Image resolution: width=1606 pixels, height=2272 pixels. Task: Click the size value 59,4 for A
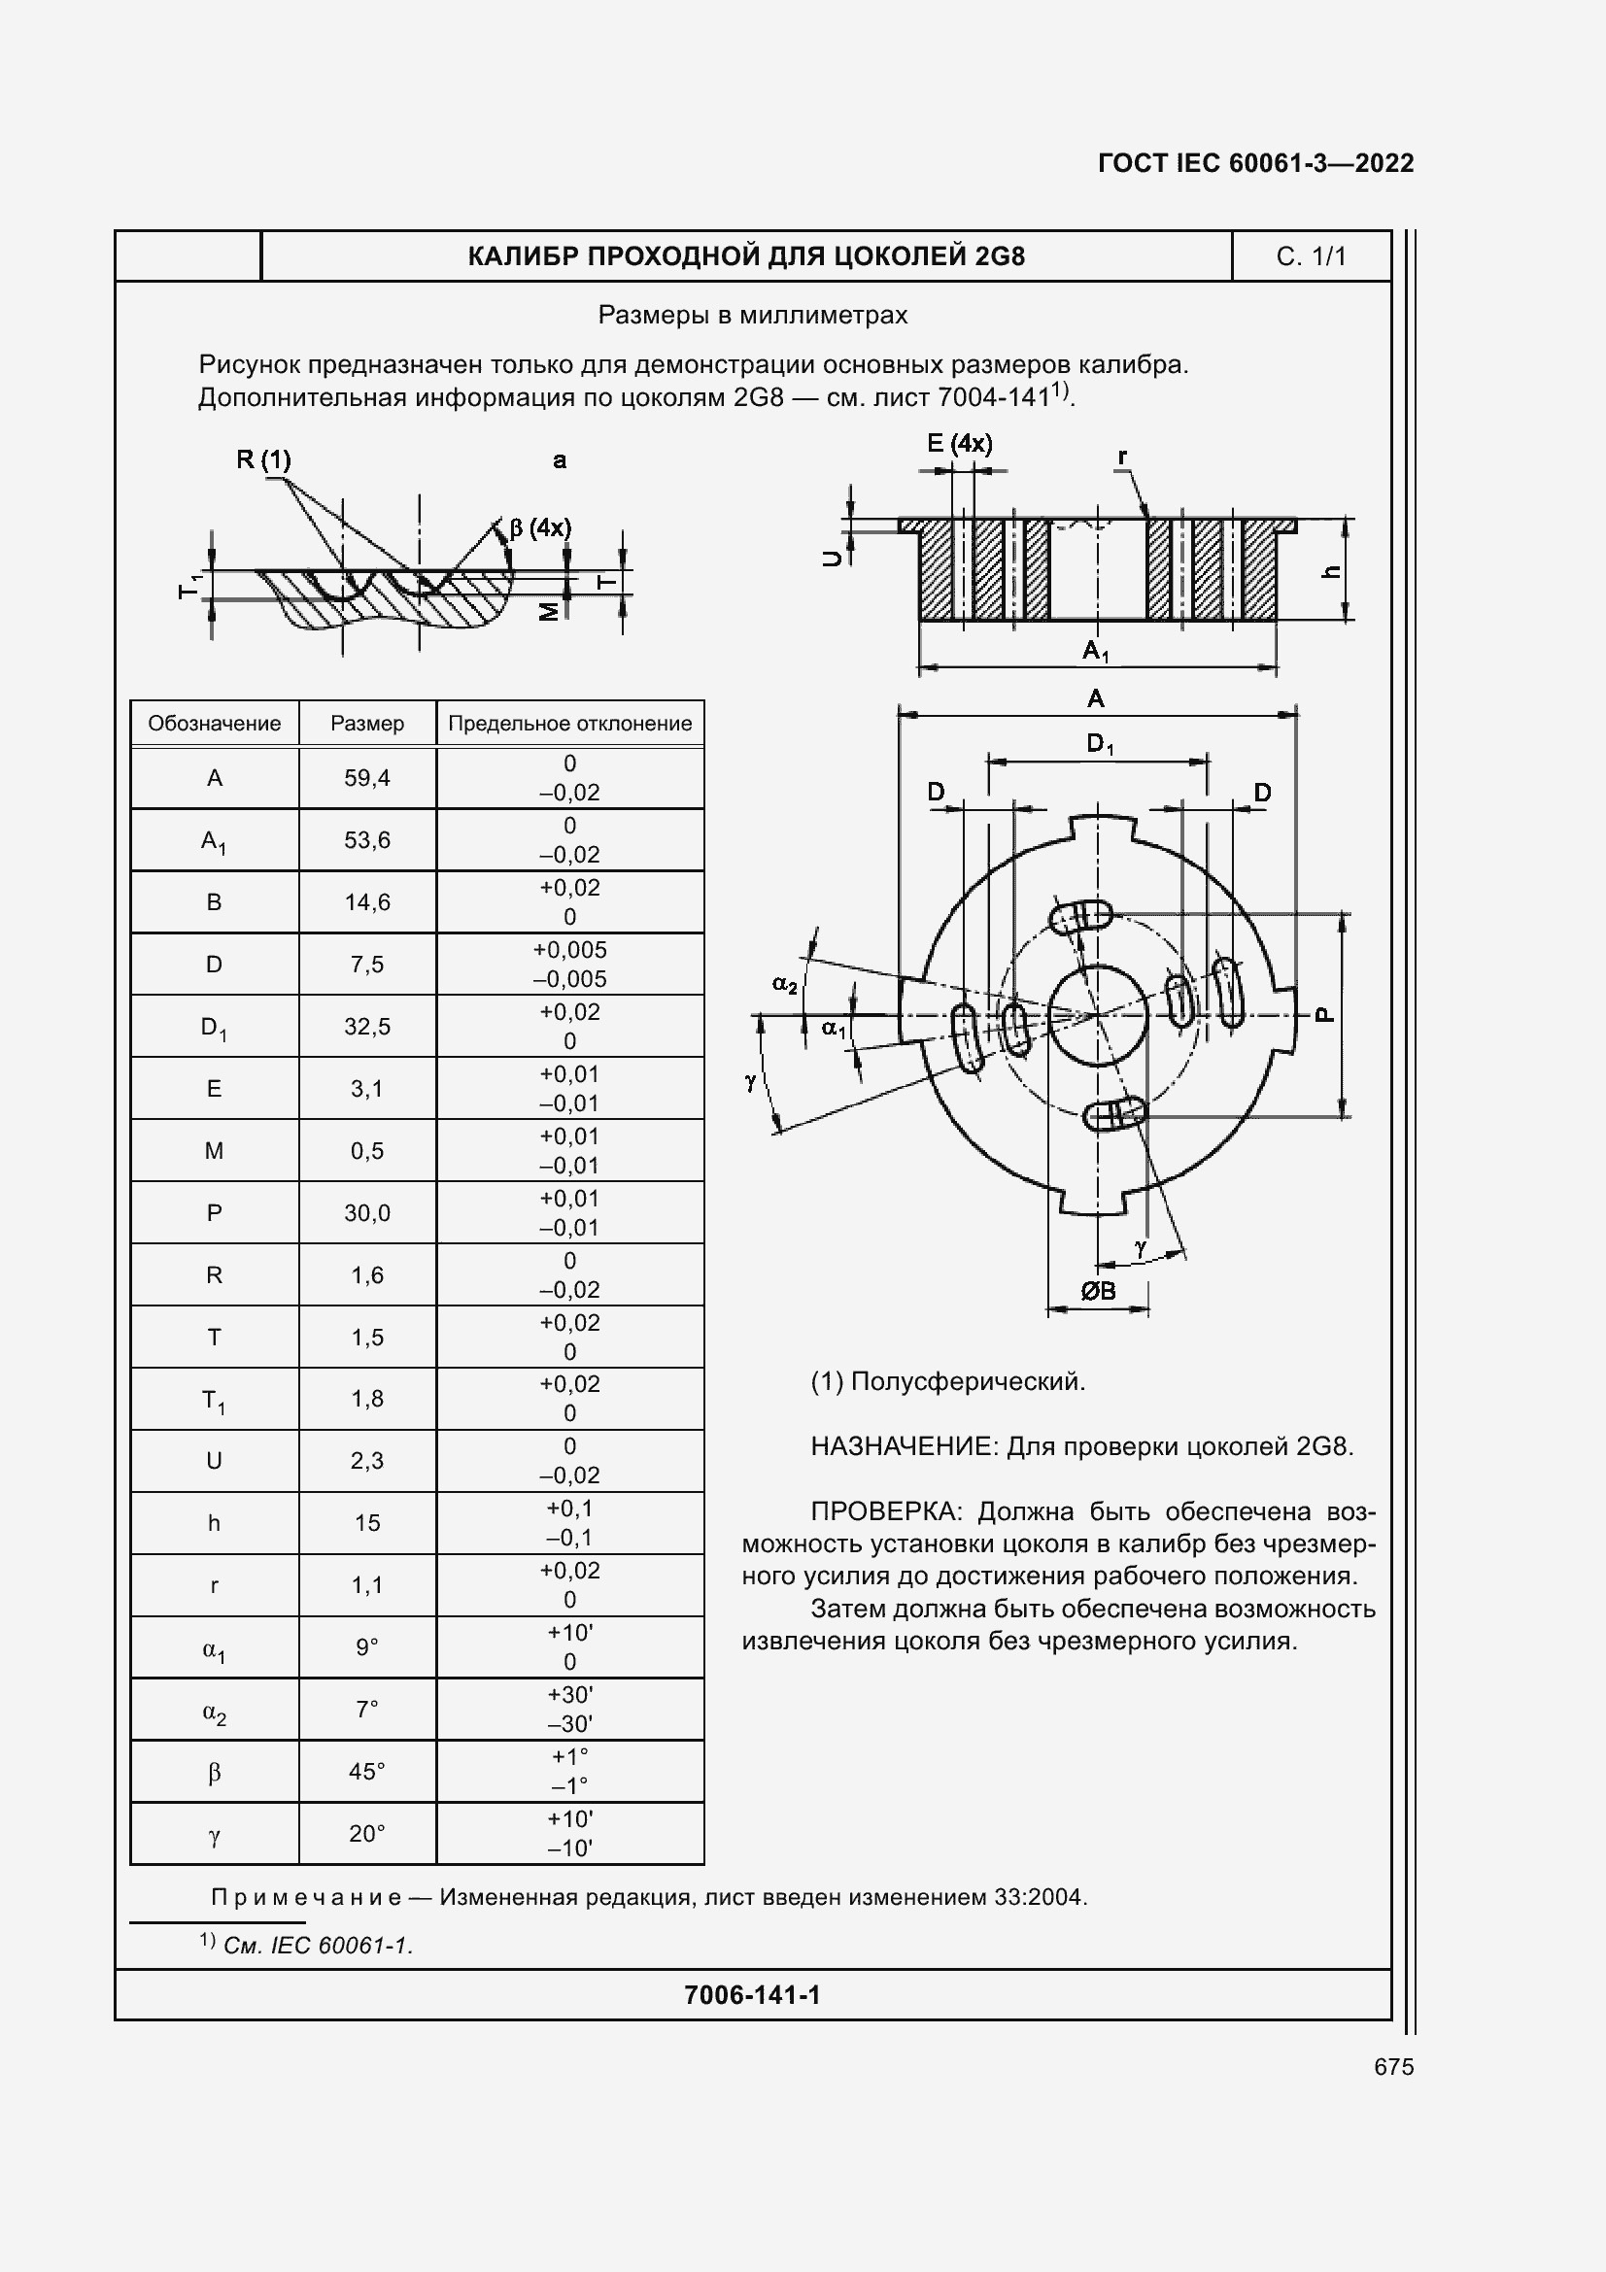pos(367,778)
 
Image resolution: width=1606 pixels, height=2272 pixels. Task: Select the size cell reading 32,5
pos(367,1026)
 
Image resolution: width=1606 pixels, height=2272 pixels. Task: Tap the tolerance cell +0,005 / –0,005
pos(569,964)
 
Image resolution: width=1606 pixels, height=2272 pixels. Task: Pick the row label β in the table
pos(214,1773)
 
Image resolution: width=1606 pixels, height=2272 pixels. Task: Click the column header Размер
pos(367,724)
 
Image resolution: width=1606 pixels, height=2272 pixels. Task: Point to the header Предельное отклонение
pos(569,724)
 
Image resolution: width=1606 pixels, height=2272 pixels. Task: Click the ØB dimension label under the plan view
pos(1097,1290)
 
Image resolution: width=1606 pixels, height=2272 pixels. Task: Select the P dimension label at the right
pos(1325,1014)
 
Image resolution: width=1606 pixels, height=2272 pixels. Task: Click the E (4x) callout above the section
pos(959,443)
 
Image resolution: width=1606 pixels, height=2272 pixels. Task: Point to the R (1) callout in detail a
pos(263,459)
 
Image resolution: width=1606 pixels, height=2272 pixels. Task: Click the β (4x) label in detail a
pos(540,527)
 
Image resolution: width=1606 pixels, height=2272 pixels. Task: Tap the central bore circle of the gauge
pos(1096,1016)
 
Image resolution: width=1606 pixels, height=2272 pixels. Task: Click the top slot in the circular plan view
pos(1080,916)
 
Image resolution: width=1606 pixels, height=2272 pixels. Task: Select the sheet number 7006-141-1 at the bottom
pos(752,1995)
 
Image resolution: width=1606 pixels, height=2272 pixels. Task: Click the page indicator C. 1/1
pos(1310,256)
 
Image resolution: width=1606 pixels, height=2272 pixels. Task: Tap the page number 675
pos(1393,2067)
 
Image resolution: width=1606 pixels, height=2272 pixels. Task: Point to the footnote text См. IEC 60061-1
pos(317,1946)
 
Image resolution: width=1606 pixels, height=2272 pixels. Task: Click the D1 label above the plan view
pos(1100,743)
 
